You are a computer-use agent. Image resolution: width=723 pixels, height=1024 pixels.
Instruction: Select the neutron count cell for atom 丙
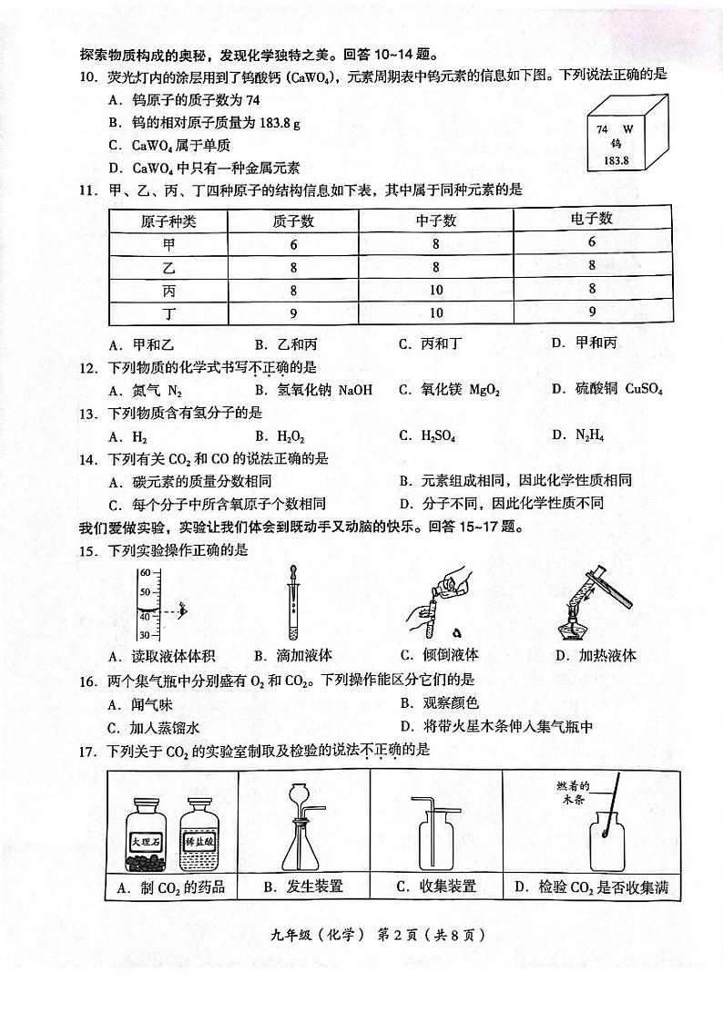tap(435, 290)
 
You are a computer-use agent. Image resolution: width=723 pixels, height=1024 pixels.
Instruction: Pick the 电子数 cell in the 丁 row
tap(592, 312)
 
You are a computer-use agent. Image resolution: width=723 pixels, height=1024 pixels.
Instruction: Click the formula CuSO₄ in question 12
tap(643, 390)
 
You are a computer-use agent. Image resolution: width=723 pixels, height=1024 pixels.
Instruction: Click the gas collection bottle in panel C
tap(440, 843)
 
